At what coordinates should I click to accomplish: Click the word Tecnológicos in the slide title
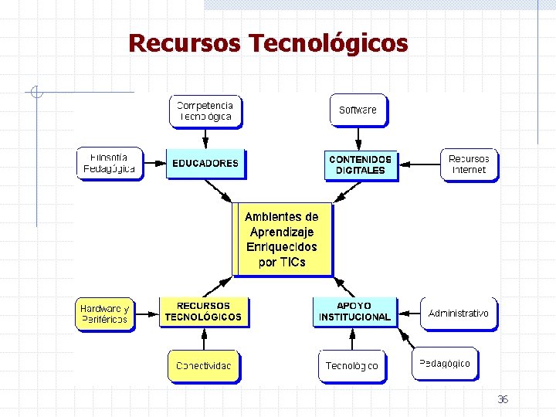point(328,43)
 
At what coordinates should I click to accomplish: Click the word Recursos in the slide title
point(185,43)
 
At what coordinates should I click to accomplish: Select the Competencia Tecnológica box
point(205,111)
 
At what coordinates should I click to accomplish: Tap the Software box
point(358,110)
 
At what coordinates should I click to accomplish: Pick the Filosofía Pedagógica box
point(110,163)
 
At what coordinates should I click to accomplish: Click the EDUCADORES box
point(205,164)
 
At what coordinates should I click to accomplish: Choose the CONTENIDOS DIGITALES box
point(360,164)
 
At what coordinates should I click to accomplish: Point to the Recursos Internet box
point(469,164)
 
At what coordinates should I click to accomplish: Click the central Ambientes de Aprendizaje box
point(282,239)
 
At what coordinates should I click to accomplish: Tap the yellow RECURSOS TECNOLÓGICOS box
point(203,311)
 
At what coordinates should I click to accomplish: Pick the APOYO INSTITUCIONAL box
point(354,311)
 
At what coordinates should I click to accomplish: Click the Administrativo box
point(458,314)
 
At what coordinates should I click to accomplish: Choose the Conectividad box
point(203,366)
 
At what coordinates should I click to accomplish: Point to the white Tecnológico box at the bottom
point(351,366)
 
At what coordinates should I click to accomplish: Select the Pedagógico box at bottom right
point(444,363)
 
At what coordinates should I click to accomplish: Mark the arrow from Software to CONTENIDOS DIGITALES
point(358,137)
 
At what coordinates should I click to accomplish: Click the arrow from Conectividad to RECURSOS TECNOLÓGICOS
point(204,339)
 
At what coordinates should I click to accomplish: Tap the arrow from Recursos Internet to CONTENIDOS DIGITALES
point(420,164)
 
